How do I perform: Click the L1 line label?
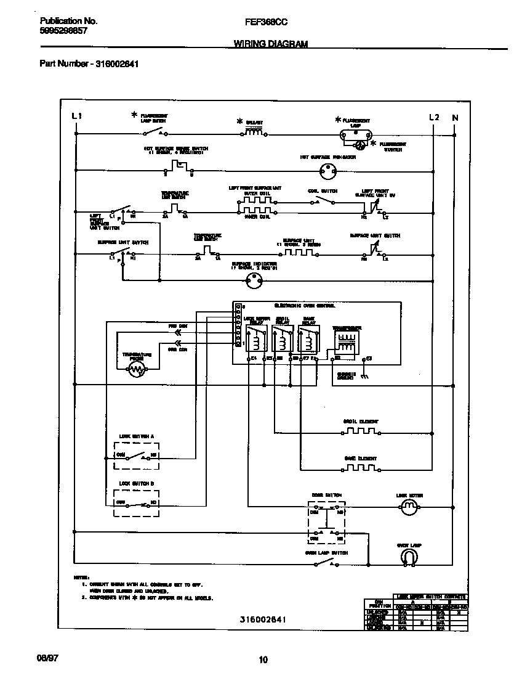(76, 116)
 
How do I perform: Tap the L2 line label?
(434, 117)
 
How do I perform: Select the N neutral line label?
(455, 117)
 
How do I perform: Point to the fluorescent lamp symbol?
(356, 134)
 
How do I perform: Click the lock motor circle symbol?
(409, 508)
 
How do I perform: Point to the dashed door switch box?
(326, 521)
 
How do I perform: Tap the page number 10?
(263, 660)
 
